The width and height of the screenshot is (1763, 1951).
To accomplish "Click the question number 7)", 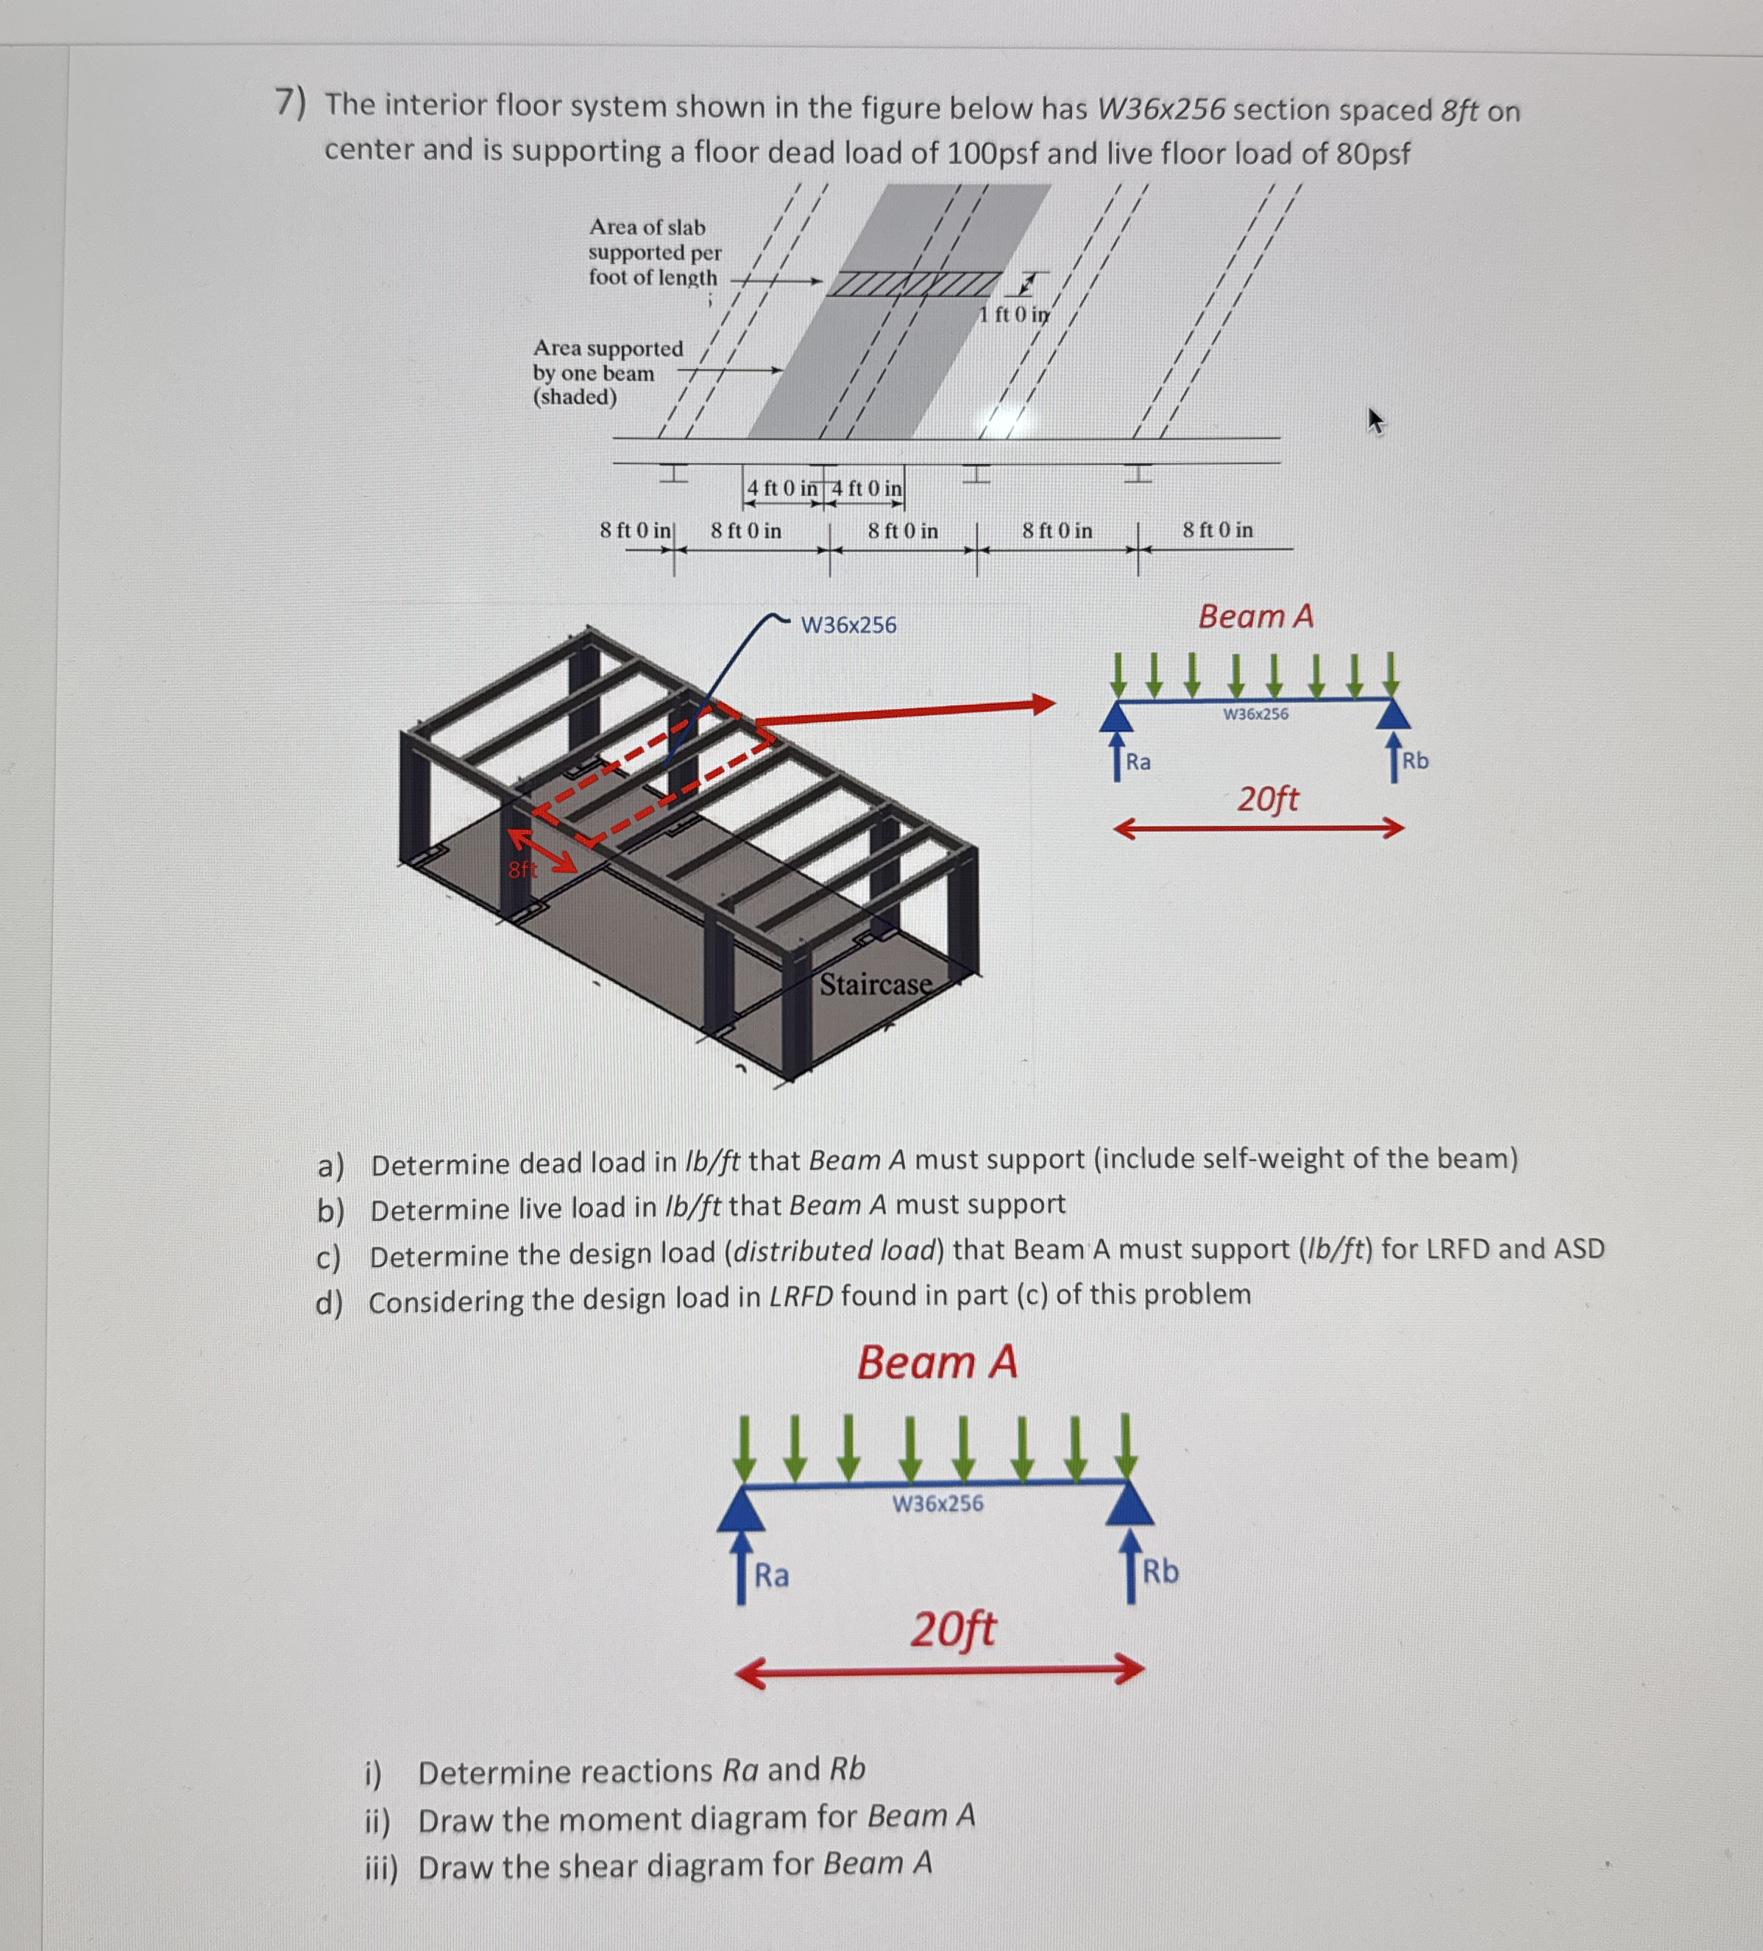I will pyautogui.click(x=289, y=101).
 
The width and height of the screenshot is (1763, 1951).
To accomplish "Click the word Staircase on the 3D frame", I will pyautogui.click(x=875, y=984).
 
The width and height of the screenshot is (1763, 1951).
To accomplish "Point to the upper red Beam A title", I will pyautogui.click(x=1256, y=616).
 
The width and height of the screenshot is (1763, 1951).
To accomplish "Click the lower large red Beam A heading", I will pyautogui.click(x=936, y=1363).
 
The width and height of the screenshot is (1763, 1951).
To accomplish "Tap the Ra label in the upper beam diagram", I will pyautogui.click(x=1138, y=762).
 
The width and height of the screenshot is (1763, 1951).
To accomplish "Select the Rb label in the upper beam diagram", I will pyautogui.click(x=1414, y=760).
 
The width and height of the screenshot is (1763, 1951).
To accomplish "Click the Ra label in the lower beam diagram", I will pyautogui.click(x=772, y=1575).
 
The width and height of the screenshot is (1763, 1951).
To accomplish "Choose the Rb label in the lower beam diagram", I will pyautogui.click(x=1161, y=1572).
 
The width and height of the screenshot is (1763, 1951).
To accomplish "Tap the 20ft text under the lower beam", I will pyautogui.click(x=951, y=1630).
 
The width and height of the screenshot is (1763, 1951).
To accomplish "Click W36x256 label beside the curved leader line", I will pyautogui.click(x=848, y=625).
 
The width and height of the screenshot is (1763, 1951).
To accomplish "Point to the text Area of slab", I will pyautogui.click(x=647, y=227).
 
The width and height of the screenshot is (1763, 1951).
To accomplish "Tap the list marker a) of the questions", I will pyautogui.click(x=330, y=1166).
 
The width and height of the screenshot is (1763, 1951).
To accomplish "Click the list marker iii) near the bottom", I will pyautogui.click(x=380, y=1868).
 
